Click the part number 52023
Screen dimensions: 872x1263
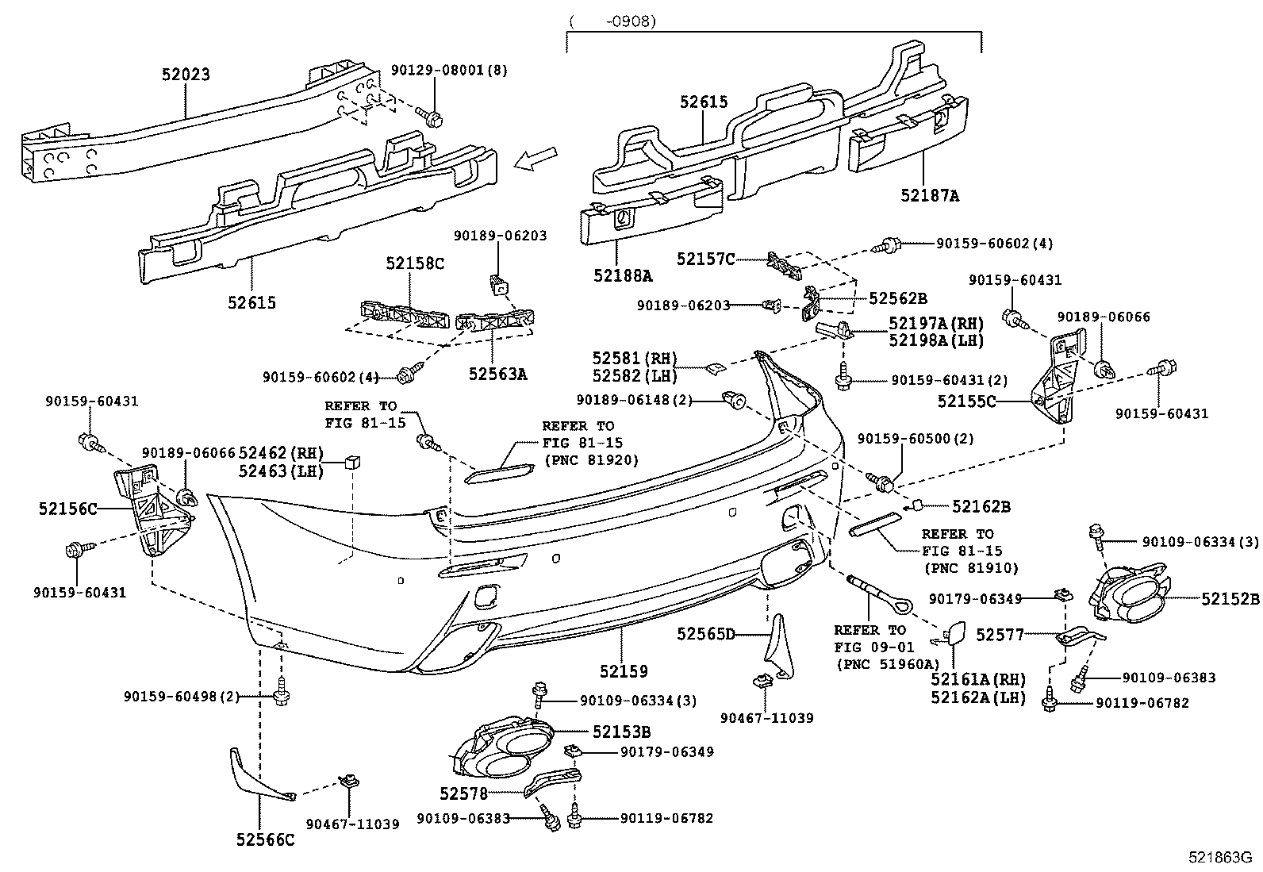pyautogui.click(x=186, y=75)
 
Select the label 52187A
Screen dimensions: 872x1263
pyautogui.click(x=929, y=195)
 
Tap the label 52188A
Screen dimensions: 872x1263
pyautogui.click(x=623, y=275)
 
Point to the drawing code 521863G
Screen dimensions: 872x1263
pyautogui.click(x=1219, y=858)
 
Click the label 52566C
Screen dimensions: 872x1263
pyautogui.click(x=264, y=839)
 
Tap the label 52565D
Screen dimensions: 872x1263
pyautogui.click(x=706, y=633)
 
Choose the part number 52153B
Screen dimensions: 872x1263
pyautogui.click(x=621, y=732)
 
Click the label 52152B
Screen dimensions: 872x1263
pyautogui.click(x=1230, y=599)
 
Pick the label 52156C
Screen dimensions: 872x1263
pyautogui.click(x=67, y=509)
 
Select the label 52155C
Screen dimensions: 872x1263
pyautogui.click(x=966, y=402)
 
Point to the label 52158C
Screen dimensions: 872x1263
pyautogui.click(x=415, y=263)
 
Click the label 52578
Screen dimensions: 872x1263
pyautogui.click(x=463, y=793)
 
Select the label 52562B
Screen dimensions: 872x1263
pyautogui.click(x=897, y=298)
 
